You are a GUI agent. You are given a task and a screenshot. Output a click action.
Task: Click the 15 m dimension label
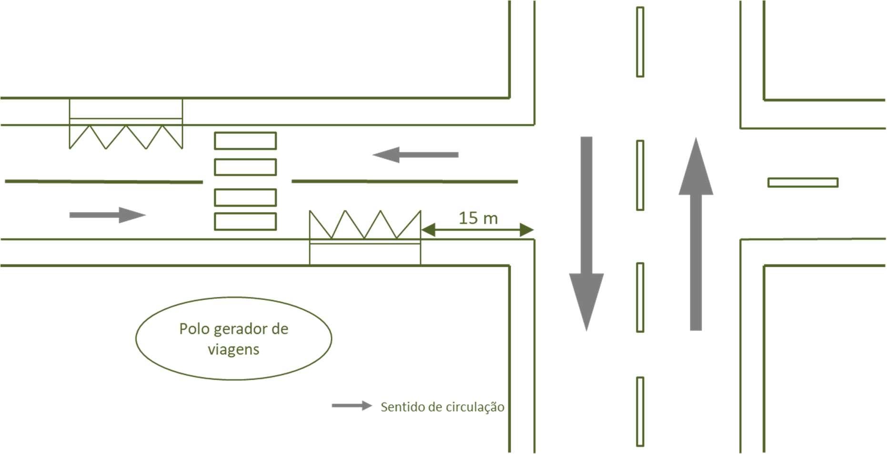[x=478, y=218]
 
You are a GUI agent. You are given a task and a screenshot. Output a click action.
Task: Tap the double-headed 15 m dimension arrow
[x=477, y=230]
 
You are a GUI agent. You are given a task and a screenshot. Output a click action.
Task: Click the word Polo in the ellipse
[x=194, y=329]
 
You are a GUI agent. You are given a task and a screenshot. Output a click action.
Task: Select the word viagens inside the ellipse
[x=233, y=350]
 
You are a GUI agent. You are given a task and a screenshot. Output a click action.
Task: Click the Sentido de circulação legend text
[x=442, y=407]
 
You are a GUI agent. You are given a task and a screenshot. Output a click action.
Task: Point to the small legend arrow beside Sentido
[x=352, y=406]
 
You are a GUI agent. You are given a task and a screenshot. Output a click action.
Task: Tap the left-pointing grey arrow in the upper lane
[x=415, y=155]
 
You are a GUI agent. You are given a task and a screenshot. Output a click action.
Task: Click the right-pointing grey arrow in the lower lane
[x=107, y=215]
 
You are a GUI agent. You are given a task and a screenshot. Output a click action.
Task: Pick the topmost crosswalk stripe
[x=245, y=141]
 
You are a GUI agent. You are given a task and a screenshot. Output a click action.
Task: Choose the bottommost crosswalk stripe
[x=245, y=222]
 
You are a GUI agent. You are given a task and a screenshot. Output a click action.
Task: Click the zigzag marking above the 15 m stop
[x=365, y=224]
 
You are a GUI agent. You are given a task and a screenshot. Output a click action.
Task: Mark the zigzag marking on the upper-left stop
[x=126, y=137]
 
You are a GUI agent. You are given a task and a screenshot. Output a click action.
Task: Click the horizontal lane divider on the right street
[x=803, y=182]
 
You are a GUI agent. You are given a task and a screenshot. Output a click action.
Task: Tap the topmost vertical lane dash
[x=640, y=42]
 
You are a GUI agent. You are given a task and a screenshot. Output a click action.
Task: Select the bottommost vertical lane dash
[x=640, y=412]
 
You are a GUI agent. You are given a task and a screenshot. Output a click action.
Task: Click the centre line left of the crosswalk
[x=104, y=182]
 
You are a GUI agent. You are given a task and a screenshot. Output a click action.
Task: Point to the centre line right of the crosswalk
[x=404, y=182]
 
